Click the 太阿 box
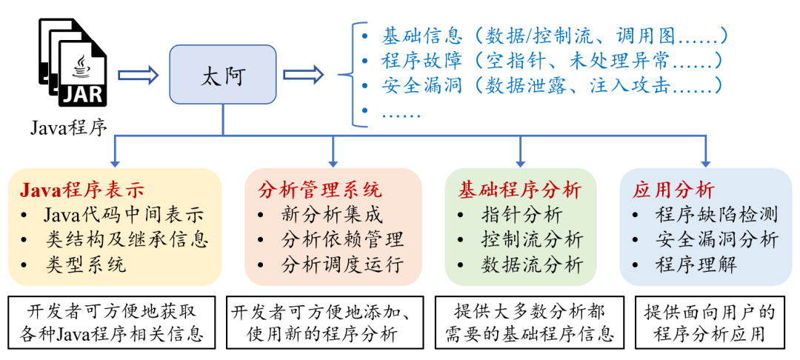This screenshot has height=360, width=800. [222, 75]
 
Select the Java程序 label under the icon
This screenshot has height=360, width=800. [68, 127]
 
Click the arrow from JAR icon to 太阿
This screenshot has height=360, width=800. [139, 75]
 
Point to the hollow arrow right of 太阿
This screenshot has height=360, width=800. [304, 75]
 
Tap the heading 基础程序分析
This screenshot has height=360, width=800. [519, 190]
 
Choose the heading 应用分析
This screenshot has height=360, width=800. [673, 190]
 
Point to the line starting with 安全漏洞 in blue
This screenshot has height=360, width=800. [551, 85]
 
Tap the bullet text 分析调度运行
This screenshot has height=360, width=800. [342, 264]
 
